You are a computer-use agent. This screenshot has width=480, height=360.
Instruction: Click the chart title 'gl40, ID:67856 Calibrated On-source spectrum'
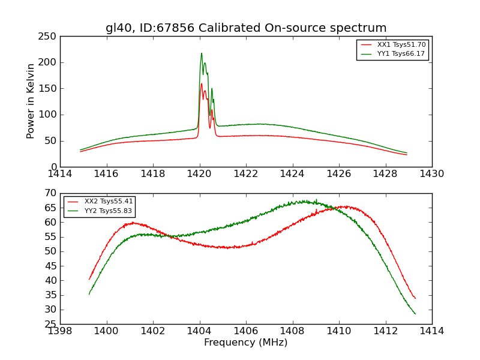point(246,28)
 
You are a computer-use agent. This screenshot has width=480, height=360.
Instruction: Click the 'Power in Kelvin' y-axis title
point(31,101)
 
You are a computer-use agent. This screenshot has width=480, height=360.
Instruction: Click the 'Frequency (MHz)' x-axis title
point(246,343)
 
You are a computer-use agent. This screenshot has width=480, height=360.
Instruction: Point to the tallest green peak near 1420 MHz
point(202,53)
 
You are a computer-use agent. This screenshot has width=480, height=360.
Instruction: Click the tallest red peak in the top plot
point(202,84)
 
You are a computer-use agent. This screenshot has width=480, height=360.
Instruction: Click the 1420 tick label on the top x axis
point(200,173)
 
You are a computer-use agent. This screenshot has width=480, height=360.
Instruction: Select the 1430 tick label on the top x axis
point(432,173)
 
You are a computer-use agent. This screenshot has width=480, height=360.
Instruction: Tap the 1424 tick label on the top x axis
point(293,173)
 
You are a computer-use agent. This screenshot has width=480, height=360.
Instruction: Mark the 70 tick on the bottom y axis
point(52,193)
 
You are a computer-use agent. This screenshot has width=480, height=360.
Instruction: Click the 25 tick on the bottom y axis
point(52,324)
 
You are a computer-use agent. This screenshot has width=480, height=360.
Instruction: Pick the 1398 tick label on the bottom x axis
point(60,331)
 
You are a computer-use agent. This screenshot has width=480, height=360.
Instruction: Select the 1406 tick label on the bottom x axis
point(246,331)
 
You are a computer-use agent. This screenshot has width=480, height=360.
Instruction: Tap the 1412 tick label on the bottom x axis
point(386,331)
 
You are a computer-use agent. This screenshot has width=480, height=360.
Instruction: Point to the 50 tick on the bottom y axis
point(52,251)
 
